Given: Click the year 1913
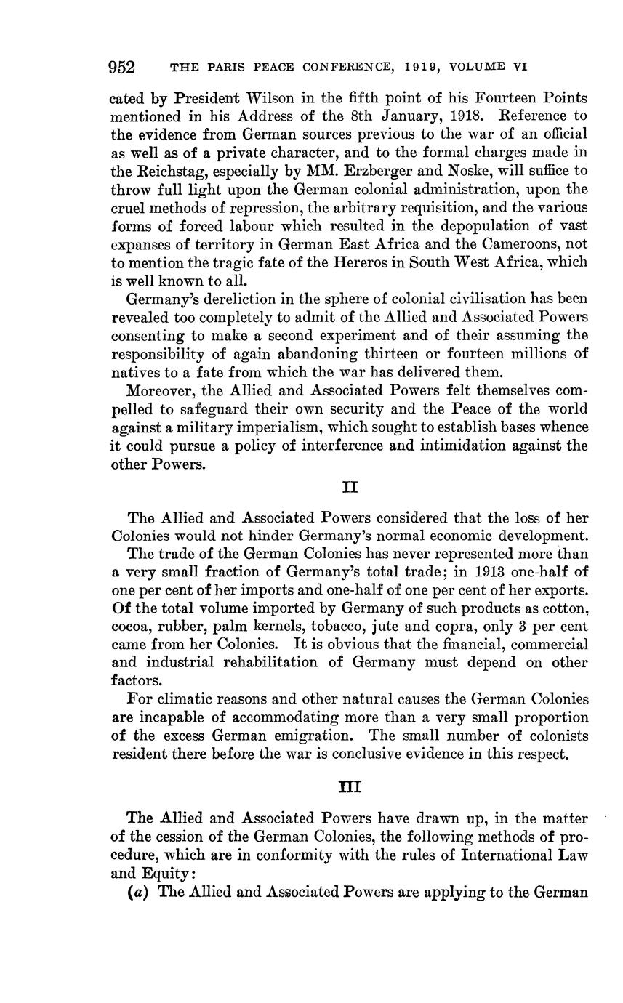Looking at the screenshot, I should pos(435,572).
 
